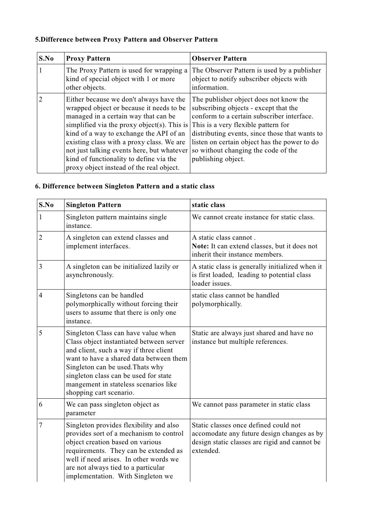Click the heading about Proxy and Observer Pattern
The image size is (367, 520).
click(x=126, y=39)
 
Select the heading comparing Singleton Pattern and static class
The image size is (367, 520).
click(x=125, y=186)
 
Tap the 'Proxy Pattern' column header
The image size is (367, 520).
click(x=88, y=58)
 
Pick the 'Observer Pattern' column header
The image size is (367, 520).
click(x=219, y=58)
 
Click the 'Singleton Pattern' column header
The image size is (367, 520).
click(x=94, y=205)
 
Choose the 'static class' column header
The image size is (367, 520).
click(x=208, y=205)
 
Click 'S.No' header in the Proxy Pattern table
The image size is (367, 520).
click(x=46, y=58)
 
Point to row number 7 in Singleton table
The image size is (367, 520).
click(x=41, y=425)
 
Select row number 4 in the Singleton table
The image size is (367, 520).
click(x=41, y=295)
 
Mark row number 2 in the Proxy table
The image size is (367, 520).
click(x=41, y=99)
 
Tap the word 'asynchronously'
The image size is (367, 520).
click(x=90, y=275)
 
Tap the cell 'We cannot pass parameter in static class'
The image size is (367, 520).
click(x=251, y=404)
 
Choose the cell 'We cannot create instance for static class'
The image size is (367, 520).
click(x=253, y=217)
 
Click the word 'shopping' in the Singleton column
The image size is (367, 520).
click(x=79, y=393)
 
